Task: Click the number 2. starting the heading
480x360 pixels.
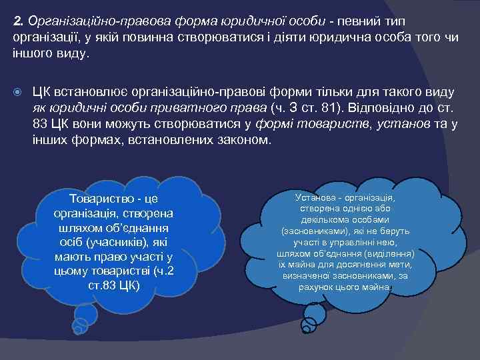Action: click(x=19, y=21)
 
